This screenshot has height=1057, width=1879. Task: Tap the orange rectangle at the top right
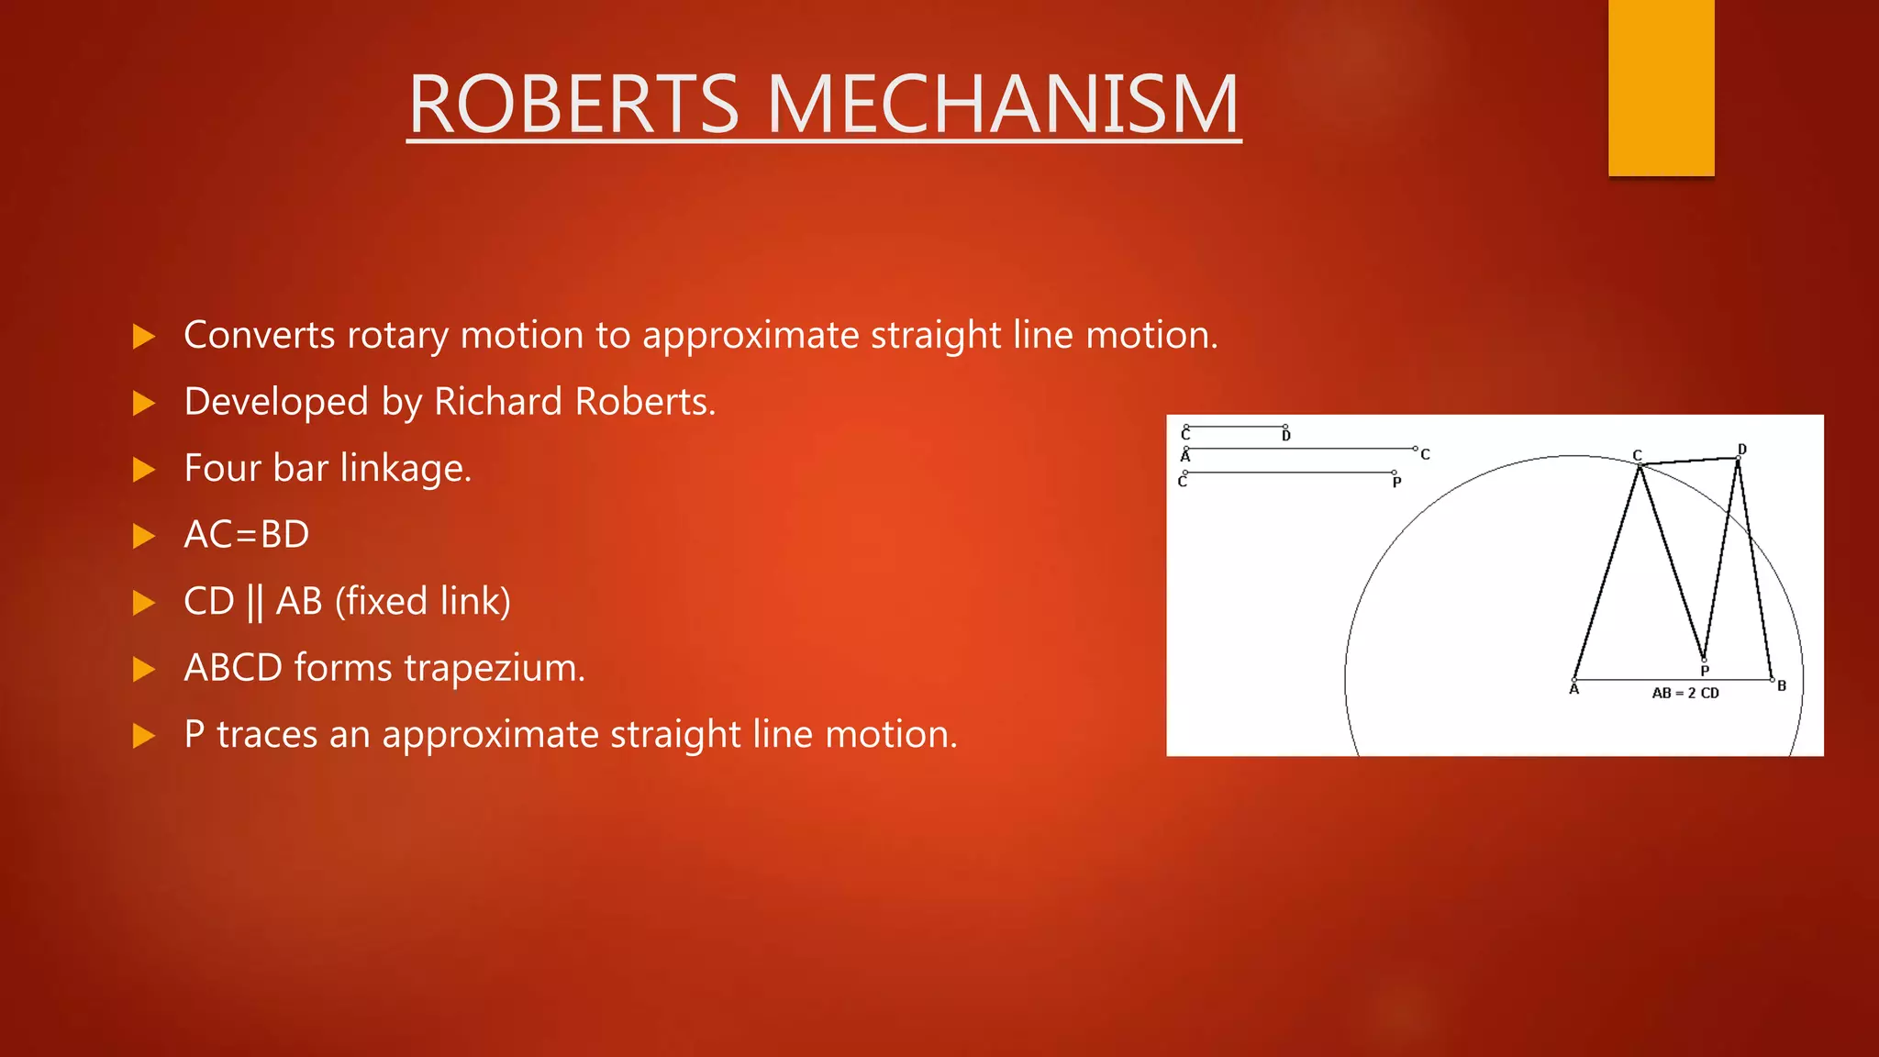1661,87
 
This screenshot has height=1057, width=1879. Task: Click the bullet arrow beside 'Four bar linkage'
144,470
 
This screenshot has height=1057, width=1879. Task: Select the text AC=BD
247,535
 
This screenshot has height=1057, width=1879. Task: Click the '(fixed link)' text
422,602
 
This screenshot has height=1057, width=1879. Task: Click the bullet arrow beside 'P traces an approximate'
144,736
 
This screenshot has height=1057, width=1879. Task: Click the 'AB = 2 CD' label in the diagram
1685,694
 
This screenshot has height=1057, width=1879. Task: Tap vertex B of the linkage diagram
1772,680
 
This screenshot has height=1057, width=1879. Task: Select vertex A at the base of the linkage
1574,680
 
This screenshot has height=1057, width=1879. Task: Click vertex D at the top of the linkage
1738,458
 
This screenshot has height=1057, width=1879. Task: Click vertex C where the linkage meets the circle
1640,465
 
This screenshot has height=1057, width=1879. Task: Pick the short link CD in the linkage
1689,462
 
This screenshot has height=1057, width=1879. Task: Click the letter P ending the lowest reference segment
1396,483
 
